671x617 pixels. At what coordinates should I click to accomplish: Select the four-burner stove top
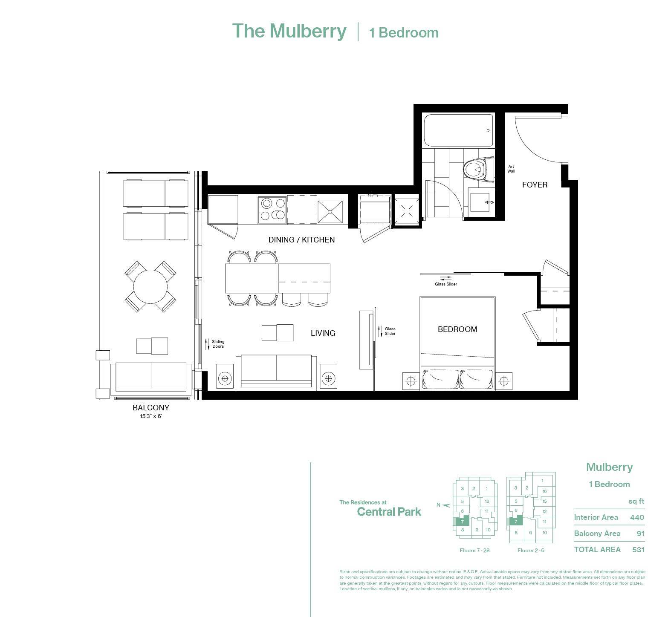[272, 210]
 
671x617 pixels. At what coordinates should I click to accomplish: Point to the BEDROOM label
[457, 329]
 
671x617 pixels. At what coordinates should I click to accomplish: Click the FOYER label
[534, 185]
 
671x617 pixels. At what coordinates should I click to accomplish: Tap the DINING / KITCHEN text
[301, 240]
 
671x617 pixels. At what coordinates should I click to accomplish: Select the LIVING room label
[323, 333]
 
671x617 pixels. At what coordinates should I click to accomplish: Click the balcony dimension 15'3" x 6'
[150, 416]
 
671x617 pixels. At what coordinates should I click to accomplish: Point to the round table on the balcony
[150, 286]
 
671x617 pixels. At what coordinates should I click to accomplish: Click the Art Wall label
[511, 169]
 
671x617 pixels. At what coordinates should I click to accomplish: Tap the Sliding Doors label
[218, 344]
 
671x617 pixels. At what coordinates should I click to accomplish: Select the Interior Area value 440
[637, 517]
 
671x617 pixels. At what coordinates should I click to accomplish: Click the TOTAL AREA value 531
[638, 550]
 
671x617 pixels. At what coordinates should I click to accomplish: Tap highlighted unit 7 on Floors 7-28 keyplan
[462, 521]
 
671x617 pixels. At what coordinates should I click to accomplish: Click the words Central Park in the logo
[389, 512]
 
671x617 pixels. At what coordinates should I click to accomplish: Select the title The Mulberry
[289, 31]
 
